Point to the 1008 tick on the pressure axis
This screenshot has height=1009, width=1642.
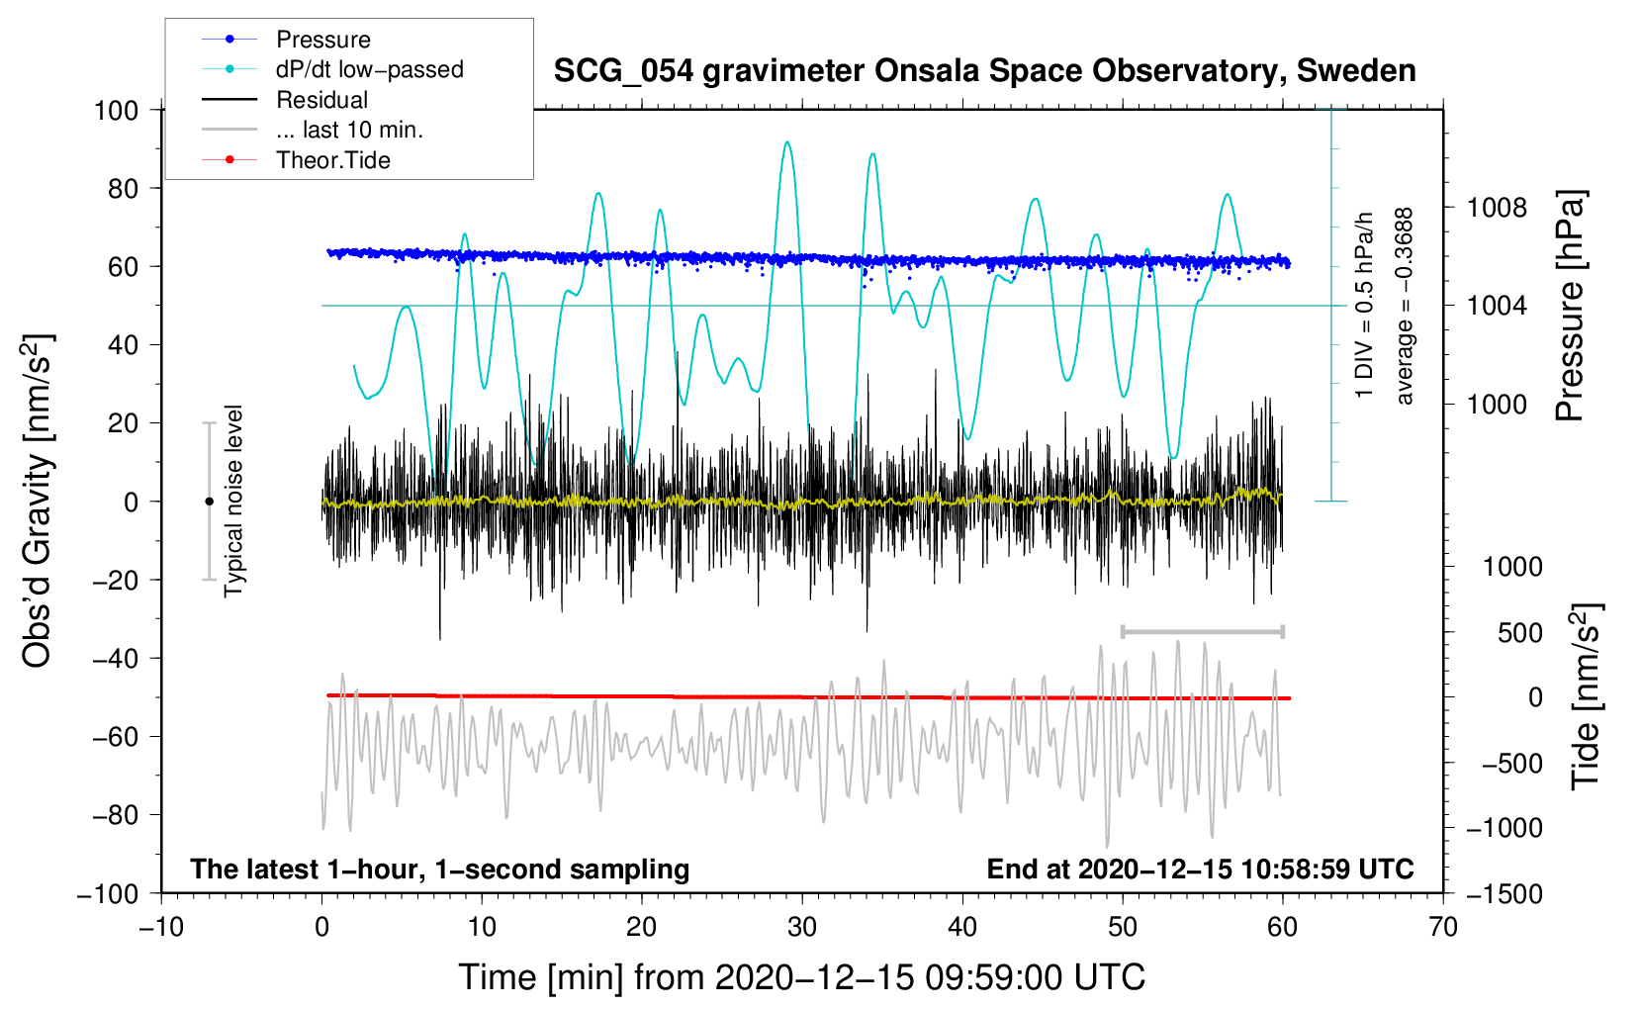click(1497, 208)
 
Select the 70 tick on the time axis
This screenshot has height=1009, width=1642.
click(1442, 927)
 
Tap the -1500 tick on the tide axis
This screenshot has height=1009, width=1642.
click(1504, 894)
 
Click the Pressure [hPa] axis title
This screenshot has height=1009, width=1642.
click(1570, 305)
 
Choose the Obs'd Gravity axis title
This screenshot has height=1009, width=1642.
click(37, 501)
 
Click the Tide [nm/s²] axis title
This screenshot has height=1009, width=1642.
click(1586, 696)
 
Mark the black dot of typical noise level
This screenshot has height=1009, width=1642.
click(209, 502)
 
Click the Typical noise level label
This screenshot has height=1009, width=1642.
click(233, 501)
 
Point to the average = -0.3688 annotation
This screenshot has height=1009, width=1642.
click(1404, 306)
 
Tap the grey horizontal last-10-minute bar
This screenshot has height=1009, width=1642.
click(1202, 631)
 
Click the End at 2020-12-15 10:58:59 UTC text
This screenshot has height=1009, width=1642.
click(1200, 869)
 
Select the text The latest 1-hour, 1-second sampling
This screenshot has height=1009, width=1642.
click(440, 869)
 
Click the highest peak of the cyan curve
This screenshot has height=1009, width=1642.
click(786, 142)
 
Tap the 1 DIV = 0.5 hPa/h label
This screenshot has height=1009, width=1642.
click(1363, 305)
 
